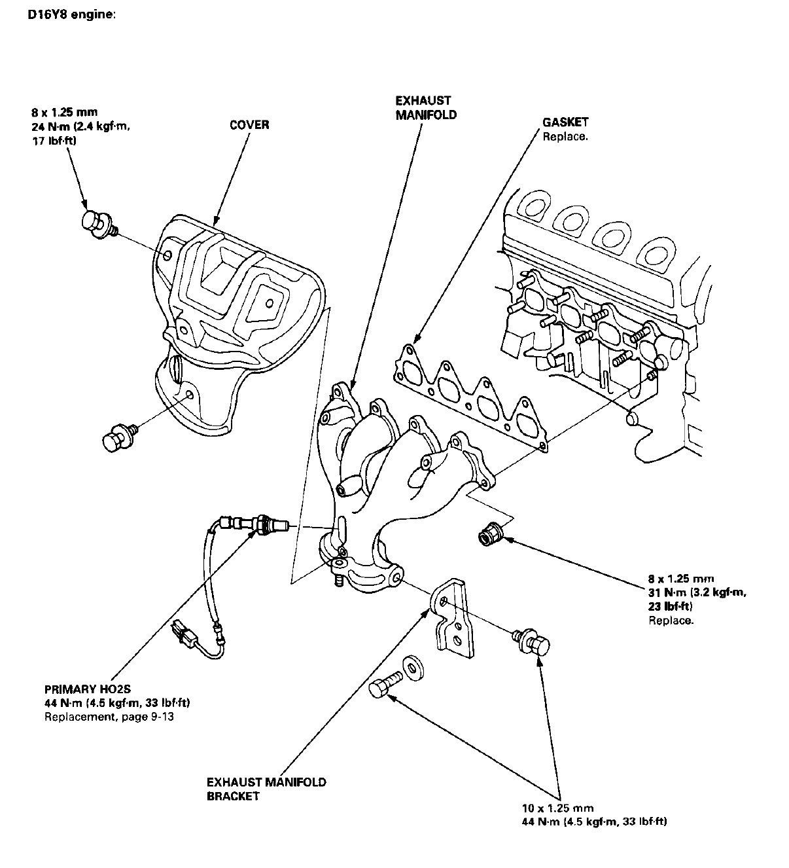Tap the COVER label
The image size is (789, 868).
point(249,124)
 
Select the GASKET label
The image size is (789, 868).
point(565,122)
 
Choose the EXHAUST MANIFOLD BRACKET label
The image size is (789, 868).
point(266,789)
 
